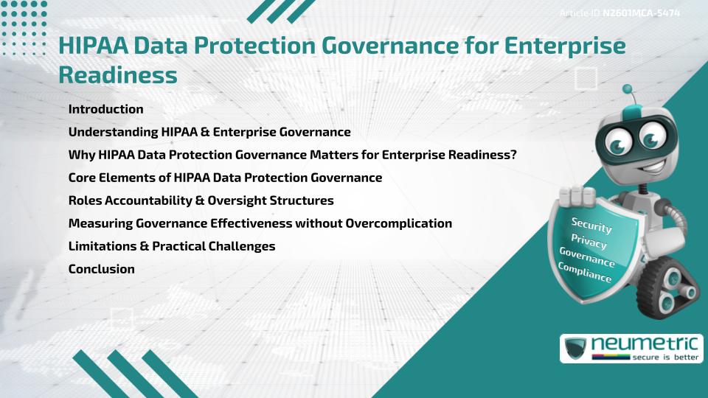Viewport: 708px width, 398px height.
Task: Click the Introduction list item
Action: coord(105,109)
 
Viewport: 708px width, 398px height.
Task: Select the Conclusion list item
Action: coord(101,269)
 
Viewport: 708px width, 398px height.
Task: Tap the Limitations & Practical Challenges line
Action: coord(171,246)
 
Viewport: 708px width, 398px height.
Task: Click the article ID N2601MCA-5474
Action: coord(640,13)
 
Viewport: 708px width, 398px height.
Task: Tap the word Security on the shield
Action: coord(591,226)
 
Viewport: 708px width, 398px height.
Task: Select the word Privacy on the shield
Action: coord(589,242)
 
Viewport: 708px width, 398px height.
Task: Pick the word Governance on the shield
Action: coord(587,257)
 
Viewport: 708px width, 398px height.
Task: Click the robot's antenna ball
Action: coord(628,90)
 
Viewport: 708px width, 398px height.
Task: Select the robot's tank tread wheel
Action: coord(673,295)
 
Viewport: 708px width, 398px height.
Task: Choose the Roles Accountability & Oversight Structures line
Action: coord(201,200)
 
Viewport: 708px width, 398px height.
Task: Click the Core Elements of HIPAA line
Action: coord(225,178)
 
